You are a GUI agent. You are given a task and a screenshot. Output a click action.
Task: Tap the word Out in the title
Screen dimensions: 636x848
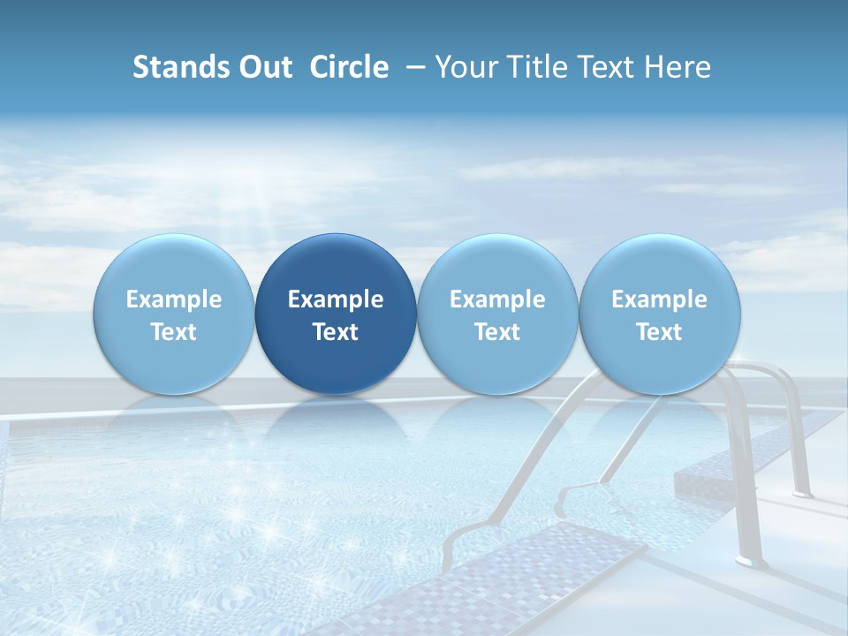pos(262,67)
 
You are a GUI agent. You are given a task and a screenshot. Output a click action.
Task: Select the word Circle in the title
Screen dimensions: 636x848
pos(349,67)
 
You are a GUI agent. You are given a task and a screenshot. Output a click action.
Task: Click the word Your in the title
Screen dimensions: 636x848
pos(465,67)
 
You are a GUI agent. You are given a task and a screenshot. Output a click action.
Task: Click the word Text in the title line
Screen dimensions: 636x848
pos(607,67)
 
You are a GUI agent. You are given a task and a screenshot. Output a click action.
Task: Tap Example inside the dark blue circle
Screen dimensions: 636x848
pos(336,299)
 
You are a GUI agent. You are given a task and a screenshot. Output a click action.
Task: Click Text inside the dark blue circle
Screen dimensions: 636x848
pos(336,332)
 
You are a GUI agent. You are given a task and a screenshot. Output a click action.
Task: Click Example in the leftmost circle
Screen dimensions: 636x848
pos(174,299)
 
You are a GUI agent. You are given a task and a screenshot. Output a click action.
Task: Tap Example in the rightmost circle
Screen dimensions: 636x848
pos(660,299)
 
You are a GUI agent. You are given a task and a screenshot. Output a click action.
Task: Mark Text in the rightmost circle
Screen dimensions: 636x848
pos(660,332)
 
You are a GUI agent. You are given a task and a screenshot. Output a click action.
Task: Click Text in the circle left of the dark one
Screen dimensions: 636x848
pos(174,332)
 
